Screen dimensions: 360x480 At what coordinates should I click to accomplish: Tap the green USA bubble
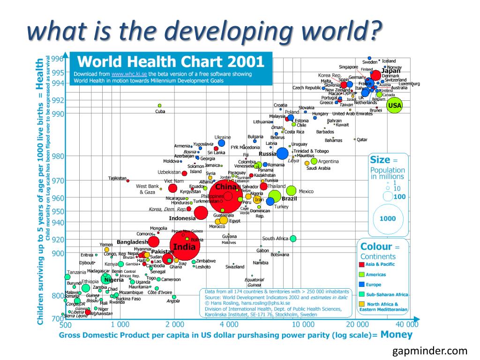(x=395, y=105)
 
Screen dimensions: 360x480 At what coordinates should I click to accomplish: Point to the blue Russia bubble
(x=282, y=153)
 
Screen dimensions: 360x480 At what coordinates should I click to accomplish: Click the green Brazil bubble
(x=275, y=197)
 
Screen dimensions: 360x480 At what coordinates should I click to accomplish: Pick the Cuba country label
(x=160, y=112)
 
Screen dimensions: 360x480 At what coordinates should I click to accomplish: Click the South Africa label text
(x=275, y=239)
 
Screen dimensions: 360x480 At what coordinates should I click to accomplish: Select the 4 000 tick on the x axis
(x=229, y=324)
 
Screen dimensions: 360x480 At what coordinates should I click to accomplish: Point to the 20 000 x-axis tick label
(x=358, y=324)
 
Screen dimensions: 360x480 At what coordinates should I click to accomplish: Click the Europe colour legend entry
(x=374, y=285)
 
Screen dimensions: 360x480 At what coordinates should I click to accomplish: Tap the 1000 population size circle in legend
(x=388, y=218)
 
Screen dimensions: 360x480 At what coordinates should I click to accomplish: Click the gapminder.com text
(x=430, y=351)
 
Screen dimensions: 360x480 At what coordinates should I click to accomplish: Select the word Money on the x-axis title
(x=397, y=335)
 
